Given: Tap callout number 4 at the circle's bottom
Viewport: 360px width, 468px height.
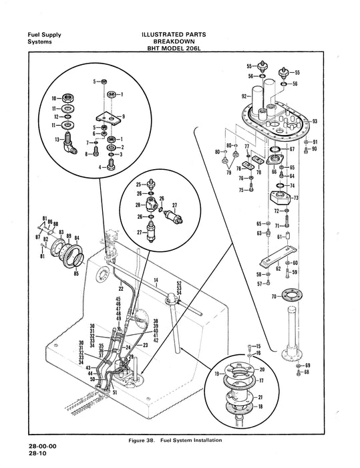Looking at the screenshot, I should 99,167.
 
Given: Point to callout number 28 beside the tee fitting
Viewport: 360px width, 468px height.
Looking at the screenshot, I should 138,205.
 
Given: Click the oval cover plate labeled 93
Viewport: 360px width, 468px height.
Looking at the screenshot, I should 281,120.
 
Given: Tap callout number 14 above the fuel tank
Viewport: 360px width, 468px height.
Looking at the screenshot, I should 155,280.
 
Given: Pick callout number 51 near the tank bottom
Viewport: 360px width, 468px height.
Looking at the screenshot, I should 115,393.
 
